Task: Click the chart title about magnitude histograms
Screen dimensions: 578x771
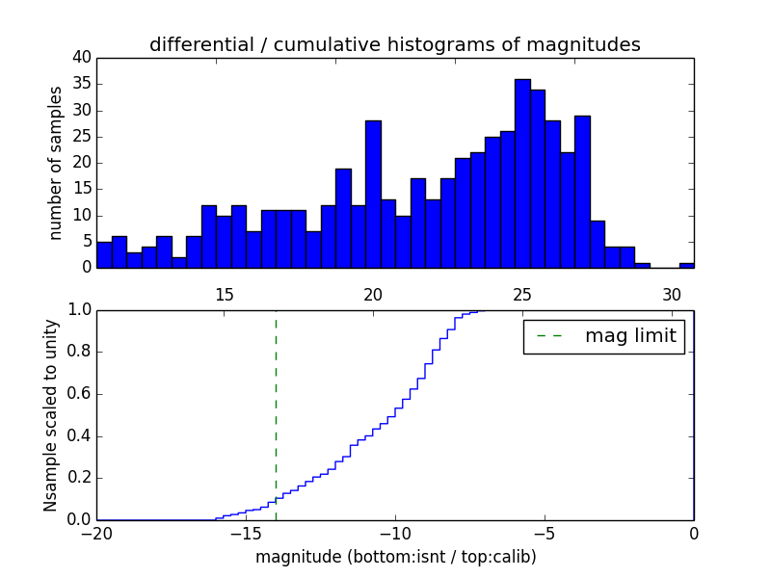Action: point(394,44)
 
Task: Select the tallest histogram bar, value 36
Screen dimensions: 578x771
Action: point(522,173)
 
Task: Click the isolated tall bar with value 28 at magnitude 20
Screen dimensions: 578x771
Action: point(373,194)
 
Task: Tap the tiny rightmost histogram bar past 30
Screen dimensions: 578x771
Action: point(686,265)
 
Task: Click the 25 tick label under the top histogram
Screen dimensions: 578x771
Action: point(522,295)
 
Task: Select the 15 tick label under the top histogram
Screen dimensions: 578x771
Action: point(224,295)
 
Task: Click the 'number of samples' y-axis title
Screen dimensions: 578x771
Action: point(56,163)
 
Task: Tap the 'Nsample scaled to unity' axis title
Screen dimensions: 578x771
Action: point(51,415)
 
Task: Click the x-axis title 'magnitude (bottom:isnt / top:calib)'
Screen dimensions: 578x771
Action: point(395,557)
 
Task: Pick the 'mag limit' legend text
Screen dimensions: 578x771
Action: point(630,336)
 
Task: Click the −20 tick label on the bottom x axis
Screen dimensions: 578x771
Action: point(97,534)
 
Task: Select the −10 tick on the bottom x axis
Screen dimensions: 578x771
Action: point(395,534)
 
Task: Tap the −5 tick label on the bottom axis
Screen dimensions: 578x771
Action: point(545,534)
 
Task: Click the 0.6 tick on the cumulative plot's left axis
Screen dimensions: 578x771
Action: point(78,394)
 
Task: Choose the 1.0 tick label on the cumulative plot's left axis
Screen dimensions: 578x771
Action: point(78,310)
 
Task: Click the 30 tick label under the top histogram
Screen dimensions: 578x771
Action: point(672,295)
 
